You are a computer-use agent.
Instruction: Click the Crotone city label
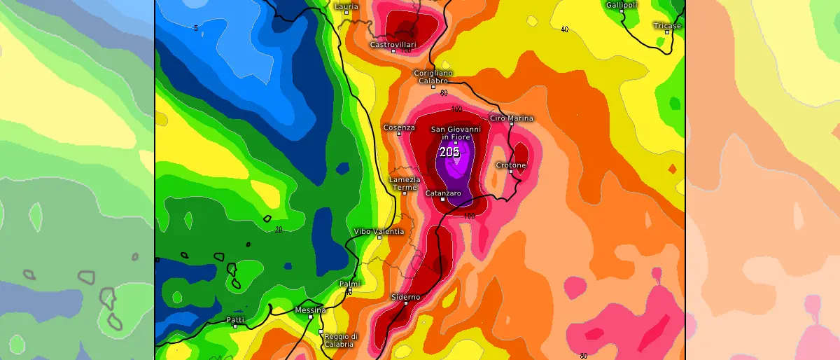(510, 165)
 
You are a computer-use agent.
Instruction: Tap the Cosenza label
(399, 127)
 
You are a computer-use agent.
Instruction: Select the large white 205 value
(449, 152)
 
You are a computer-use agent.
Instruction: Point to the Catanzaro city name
(442, 193)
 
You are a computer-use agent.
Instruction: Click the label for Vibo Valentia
(379, 231)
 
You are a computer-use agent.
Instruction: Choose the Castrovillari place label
(392, 45)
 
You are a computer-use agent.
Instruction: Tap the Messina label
(310, 310)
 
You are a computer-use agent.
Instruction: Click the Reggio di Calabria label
(341, 340)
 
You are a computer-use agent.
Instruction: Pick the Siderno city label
(406, 297)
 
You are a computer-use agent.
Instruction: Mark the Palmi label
(349, 284)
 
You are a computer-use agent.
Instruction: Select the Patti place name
(235, 320)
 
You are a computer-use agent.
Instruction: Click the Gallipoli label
(621, 5)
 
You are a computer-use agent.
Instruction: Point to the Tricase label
(666, 26)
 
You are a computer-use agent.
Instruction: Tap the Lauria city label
(346, 6)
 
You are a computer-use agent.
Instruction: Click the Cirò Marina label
(511, 118)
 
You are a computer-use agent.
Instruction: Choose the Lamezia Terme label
(405, 184)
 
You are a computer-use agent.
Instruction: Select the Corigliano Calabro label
(433, 76)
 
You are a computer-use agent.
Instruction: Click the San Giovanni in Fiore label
(455, 133)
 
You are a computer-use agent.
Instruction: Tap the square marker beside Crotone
(511, 172)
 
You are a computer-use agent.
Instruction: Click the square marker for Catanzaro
(442, 199)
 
